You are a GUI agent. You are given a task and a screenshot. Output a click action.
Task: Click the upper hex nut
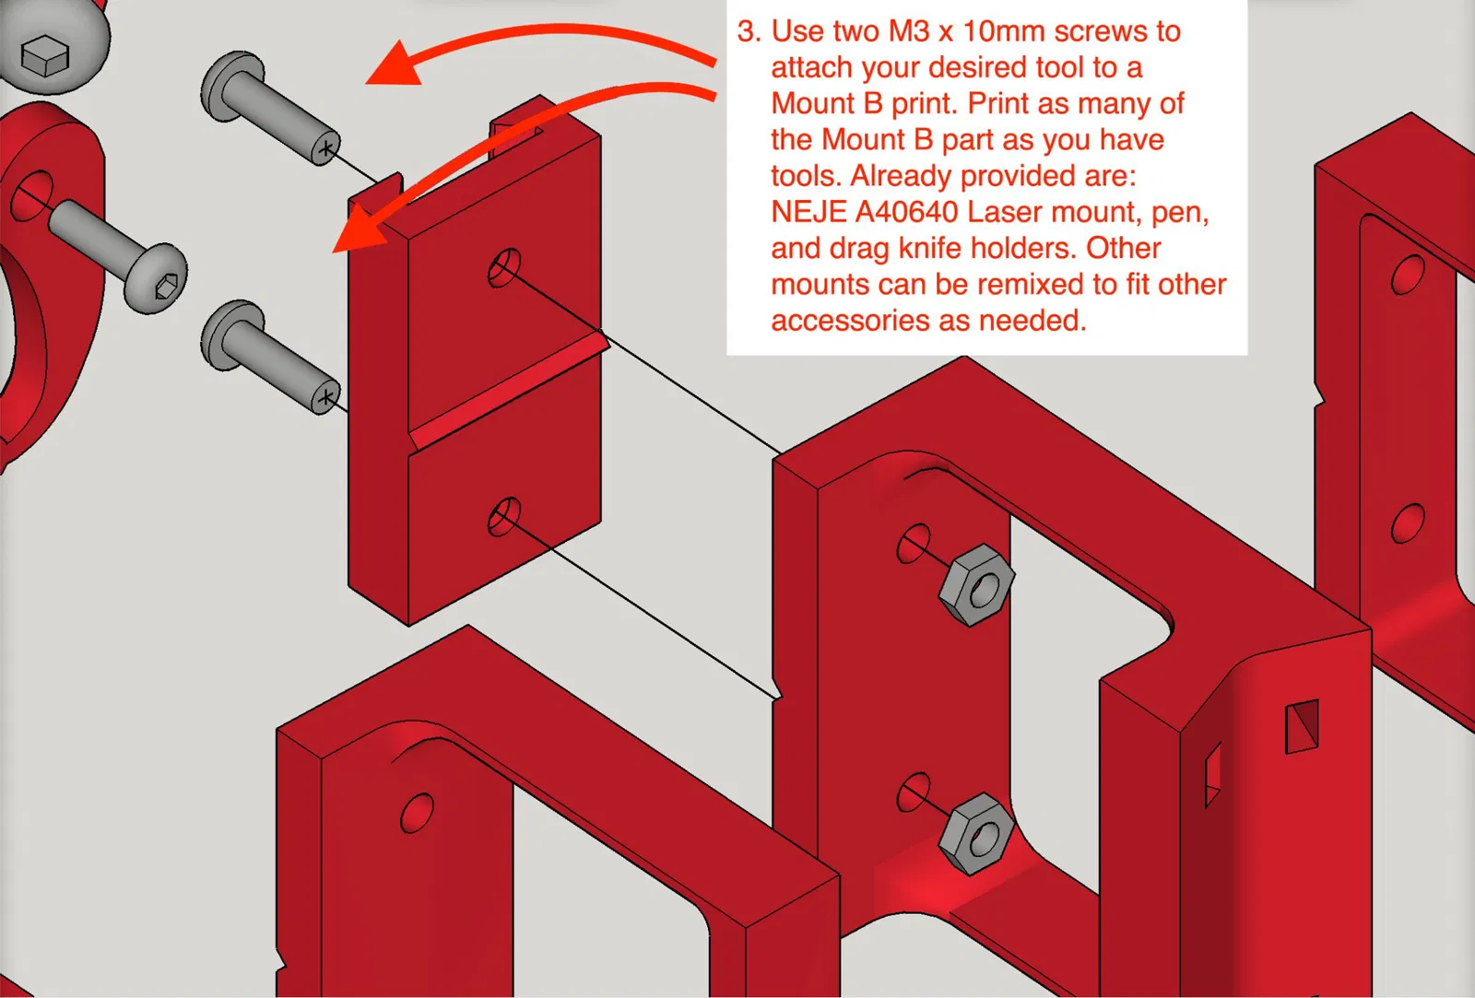click(976, 584)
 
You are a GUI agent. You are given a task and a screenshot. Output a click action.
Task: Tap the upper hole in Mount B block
click(504, 267)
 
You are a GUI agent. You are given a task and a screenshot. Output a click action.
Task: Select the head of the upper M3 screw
click(230, 86)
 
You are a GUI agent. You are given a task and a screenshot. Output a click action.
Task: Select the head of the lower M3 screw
click(230, 335)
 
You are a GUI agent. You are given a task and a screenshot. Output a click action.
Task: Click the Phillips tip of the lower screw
click(326, 398)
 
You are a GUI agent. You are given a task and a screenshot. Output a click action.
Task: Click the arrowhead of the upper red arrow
click(395, 65)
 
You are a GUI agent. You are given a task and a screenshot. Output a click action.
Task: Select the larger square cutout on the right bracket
click(1303, 725)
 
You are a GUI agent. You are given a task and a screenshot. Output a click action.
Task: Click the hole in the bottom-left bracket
click(417, 813)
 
